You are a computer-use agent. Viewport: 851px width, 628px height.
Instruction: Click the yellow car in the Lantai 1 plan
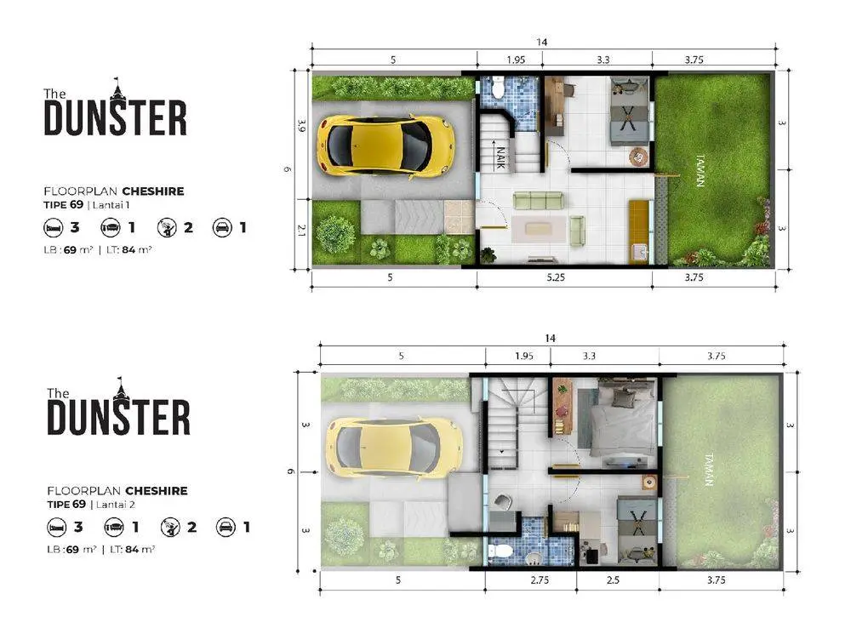tap(386, 146)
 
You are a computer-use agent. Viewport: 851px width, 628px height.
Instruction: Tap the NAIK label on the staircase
tap(501, 157)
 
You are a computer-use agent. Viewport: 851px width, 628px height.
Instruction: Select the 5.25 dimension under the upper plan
tap(556, 277)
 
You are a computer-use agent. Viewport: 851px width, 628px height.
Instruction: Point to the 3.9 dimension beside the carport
tap(302, 126)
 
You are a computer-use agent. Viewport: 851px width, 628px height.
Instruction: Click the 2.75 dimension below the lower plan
tap(540, 579)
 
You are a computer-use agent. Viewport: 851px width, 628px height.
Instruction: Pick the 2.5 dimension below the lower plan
tap(613, 579)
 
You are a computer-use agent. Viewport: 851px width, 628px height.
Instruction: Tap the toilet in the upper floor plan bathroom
tap(498, 86)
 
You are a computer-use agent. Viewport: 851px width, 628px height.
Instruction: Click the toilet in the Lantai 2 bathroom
tap(500, 551)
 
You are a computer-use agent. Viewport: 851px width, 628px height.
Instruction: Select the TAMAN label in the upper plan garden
tap(700, 170)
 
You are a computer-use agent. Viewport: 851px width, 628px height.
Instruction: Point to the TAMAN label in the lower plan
tap(709, 470)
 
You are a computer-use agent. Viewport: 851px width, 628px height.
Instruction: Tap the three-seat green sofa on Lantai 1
tap(539, 200)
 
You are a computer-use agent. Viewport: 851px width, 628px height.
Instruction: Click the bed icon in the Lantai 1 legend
tap(54, 227)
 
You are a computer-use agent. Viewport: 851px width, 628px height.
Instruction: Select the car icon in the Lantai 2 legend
tap(226, 527)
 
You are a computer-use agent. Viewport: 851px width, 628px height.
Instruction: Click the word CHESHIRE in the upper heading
tap(153, 191)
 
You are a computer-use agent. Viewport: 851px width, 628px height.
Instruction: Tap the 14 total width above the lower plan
tap(550, 338)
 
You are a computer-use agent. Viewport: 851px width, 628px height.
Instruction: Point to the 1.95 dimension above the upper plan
tap(517, 60)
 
